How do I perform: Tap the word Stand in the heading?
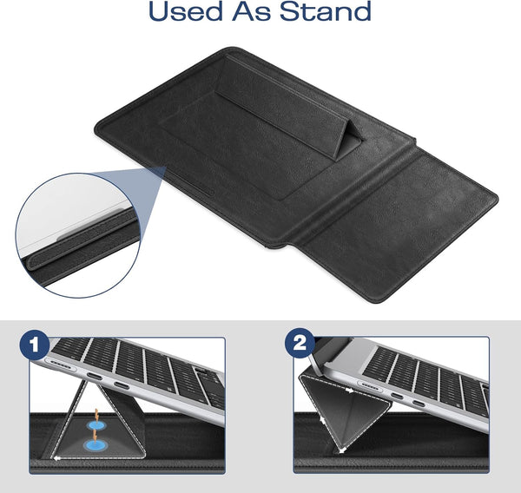pos(328,12)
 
